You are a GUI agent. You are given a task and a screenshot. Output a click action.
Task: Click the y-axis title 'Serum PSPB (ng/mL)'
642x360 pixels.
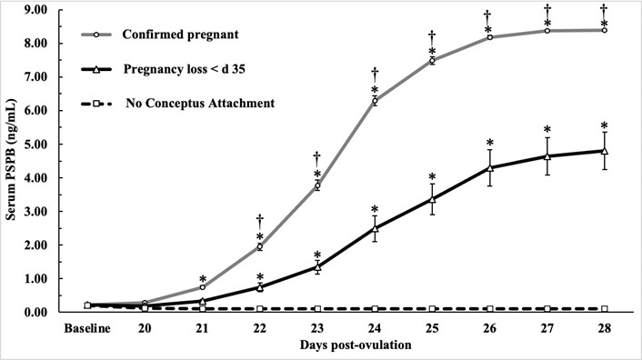point(13,160)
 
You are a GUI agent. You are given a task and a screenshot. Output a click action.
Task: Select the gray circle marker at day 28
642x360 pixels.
point(604,30)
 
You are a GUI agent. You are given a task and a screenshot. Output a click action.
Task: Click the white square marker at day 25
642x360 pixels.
point(432,309)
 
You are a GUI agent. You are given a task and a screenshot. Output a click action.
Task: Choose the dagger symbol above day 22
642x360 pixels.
point(260,219)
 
